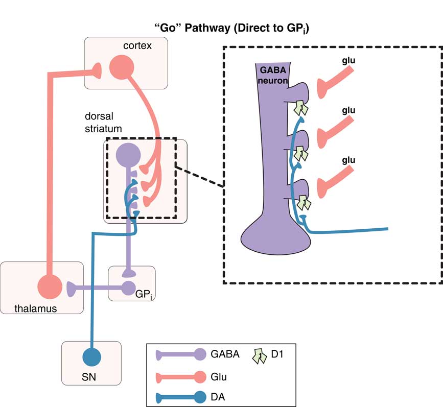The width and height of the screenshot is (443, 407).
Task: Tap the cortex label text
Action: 137,46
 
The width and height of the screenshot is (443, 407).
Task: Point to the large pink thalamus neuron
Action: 51,286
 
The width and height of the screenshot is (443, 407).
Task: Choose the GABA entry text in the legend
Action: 224,354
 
